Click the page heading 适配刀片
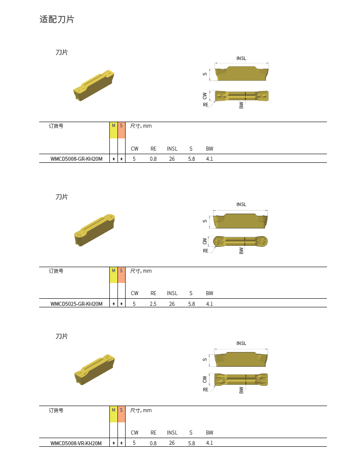click(57, 19)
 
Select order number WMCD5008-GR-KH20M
click(76, 159)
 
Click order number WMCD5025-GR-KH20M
click(76, 304)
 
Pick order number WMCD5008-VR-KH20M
click(76, 443)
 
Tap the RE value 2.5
click(153, 304)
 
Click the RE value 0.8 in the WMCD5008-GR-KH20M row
click(153, 159)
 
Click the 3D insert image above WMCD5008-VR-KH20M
click(95, 369)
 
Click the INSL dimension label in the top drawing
click(241, 59)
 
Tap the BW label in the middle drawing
click(242, 250)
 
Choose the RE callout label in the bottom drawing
click(205, 389)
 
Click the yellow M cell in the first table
click(113, 130)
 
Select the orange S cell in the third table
click(121, 414)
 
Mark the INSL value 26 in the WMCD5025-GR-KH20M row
click(172, 304)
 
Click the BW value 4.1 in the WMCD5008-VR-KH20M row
click(209, 443)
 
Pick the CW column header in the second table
click(134, 293)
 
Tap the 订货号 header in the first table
click(56, 126)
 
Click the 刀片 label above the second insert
click(62, 197)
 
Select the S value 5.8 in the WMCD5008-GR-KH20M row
click(191, 159)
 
